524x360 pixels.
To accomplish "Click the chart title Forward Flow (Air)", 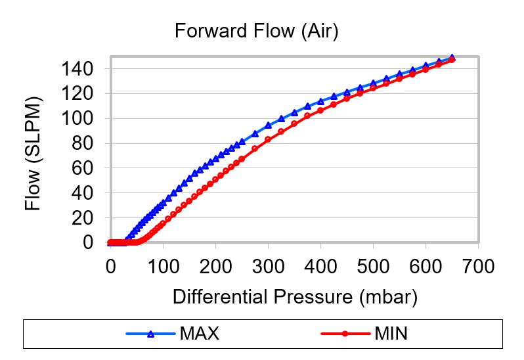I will (256, 31).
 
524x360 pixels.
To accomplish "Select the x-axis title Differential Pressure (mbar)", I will (295, 297).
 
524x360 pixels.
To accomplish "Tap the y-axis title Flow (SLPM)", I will (33, 154).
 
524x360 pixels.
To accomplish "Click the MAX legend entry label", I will (199, 334).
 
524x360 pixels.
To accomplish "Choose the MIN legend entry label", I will (391, 334).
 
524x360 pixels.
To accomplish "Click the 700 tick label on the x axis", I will (478, 267).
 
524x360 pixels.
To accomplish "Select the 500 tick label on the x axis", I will (373, 267).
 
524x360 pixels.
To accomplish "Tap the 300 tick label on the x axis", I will (268, 267).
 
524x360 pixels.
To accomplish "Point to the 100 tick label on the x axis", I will (163, 267).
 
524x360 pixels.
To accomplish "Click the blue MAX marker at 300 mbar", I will (268, 125).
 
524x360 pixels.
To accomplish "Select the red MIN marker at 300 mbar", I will (268, 139).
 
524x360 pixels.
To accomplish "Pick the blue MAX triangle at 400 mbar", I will (320, 101).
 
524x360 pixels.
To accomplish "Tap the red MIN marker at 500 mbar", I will (373, 88).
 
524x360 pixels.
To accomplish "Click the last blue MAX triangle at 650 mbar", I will (452, 58).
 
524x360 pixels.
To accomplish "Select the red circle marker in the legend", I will (345, 334).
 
